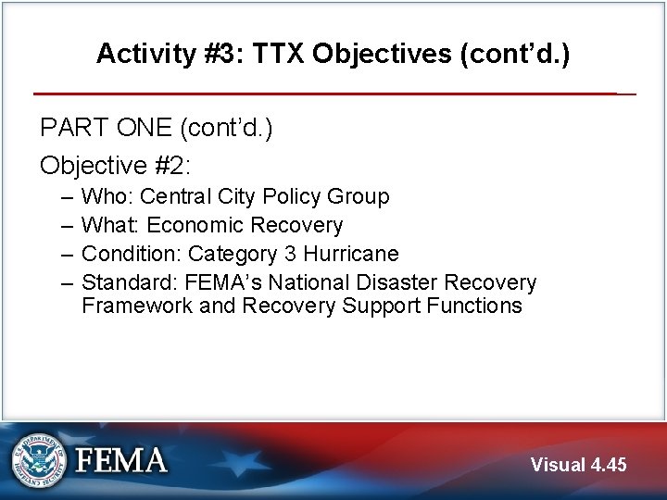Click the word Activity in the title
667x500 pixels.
136,54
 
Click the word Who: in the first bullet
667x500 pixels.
107,196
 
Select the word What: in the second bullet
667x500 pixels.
111,225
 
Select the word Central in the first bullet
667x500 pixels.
175,196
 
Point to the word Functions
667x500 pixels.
477,306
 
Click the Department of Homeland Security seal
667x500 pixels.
39,460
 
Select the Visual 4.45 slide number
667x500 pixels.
578,465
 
